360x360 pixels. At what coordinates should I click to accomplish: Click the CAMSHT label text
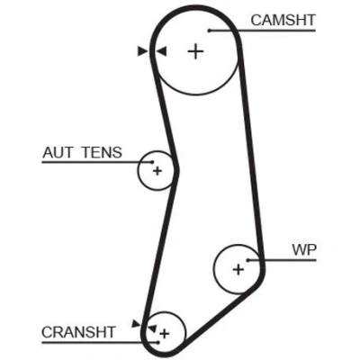(x=283, y=20)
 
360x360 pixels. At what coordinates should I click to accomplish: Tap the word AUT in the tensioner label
(x=58, y=152)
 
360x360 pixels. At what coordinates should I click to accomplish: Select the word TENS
(x=102, y=152)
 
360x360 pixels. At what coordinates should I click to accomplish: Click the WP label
(x=304, y=250)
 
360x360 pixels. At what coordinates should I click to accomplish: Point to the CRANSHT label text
(x=78, y=332)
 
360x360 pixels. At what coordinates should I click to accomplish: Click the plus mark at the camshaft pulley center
(x=195, y=51)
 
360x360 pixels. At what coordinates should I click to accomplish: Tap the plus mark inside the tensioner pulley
(x=157, y=171)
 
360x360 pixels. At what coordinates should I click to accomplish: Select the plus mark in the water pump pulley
(x=238, y=269)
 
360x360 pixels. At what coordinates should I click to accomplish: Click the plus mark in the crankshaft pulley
(x=165, y=334)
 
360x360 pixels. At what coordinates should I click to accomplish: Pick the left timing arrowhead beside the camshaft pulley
(x=142, y=51)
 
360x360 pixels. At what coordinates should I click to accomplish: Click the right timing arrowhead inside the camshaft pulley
(x=162, y=51)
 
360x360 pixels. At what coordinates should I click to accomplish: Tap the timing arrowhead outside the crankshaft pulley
(x=136, y=324)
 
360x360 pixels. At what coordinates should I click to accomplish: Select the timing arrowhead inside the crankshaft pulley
(x=152, y=328)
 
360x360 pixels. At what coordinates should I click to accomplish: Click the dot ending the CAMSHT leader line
(x=210, y=31)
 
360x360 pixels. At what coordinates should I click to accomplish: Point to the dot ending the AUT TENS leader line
(x=152, y=162)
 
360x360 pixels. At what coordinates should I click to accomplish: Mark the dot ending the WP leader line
(x=248, y=260)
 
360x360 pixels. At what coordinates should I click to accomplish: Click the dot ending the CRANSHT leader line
(x=157, y=342)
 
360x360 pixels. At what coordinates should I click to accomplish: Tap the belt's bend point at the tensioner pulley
(x=176, y=170)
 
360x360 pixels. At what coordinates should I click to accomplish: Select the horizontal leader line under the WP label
(x=283, y=260)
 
